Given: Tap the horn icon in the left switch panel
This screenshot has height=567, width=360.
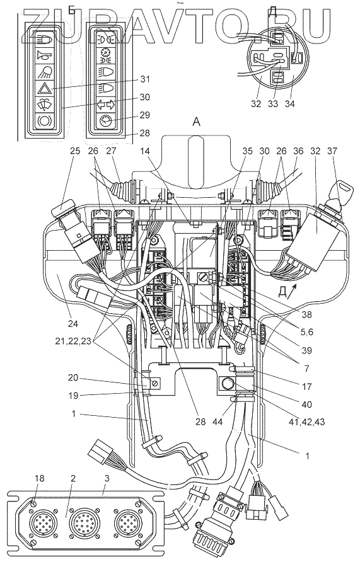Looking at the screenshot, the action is pyautogui.click(x=44, y=55).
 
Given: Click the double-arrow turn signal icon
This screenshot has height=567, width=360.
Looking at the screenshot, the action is pyautogui.click(x=105, y=105).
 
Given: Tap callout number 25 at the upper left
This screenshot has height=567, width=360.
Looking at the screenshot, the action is pyautogui.click(x=74, y=151).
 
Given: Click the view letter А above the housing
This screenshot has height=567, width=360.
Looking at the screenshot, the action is pyautogui.click(x=196, y=122).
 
